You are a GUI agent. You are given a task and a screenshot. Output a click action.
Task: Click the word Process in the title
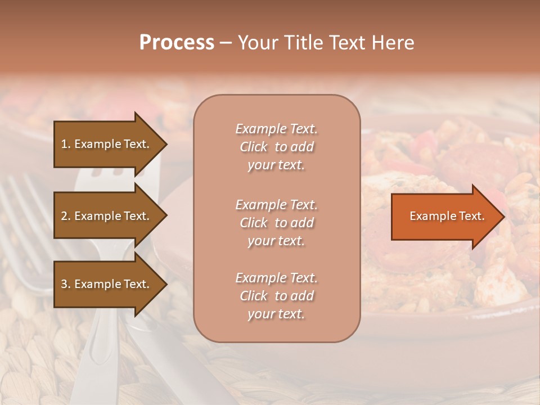177,43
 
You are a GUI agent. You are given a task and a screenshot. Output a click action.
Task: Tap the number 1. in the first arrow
66,144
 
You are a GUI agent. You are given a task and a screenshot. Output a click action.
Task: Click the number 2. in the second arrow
66,216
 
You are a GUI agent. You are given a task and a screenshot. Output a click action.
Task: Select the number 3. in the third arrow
66,284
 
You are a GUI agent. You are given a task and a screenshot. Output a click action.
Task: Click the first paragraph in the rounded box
277,147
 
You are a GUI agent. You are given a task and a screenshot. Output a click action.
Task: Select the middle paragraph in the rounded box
277,223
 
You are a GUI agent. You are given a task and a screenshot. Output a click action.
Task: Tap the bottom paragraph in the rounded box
277,296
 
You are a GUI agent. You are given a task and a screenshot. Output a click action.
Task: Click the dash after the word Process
226,43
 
